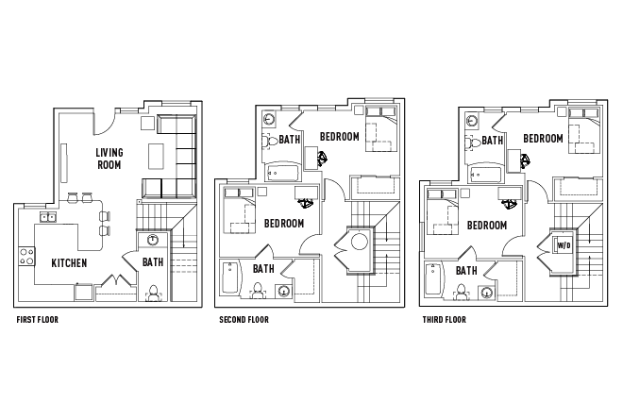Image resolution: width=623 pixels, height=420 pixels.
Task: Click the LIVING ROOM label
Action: tap(109, 159)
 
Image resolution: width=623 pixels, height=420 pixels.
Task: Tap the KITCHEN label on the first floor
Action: tap(69, 263)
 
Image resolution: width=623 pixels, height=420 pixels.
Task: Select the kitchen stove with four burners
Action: tap(25, 254)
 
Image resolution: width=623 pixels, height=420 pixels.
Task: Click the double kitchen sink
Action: tap(47, 217)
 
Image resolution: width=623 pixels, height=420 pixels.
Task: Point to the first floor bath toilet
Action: tap(153, 291)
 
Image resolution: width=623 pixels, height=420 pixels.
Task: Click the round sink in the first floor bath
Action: tap(149, 239)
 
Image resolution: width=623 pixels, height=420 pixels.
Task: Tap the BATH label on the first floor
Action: tap(153, 261)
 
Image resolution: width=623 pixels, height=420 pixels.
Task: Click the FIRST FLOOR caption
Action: tap(38, 320)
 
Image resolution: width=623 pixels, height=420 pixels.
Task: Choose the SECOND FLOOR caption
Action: tap(244, 320)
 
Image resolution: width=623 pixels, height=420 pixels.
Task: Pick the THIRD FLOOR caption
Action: tap(444, 320)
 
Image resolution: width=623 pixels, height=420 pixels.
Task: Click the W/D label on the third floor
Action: tap(564, 245)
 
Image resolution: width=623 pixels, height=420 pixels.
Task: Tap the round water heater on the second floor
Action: tap(359, 244)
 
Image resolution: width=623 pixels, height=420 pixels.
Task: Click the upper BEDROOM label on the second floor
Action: tap(339, 138)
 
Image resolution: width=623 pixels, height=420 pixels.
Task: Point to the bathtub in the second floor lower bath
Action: tap(231, 280)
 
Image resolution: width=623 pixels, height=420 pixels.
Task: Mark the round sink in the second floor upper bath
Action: tap(268, 120)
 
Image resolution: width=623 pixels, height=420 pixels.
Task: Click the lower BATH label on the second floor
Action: tap(263, 269)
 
